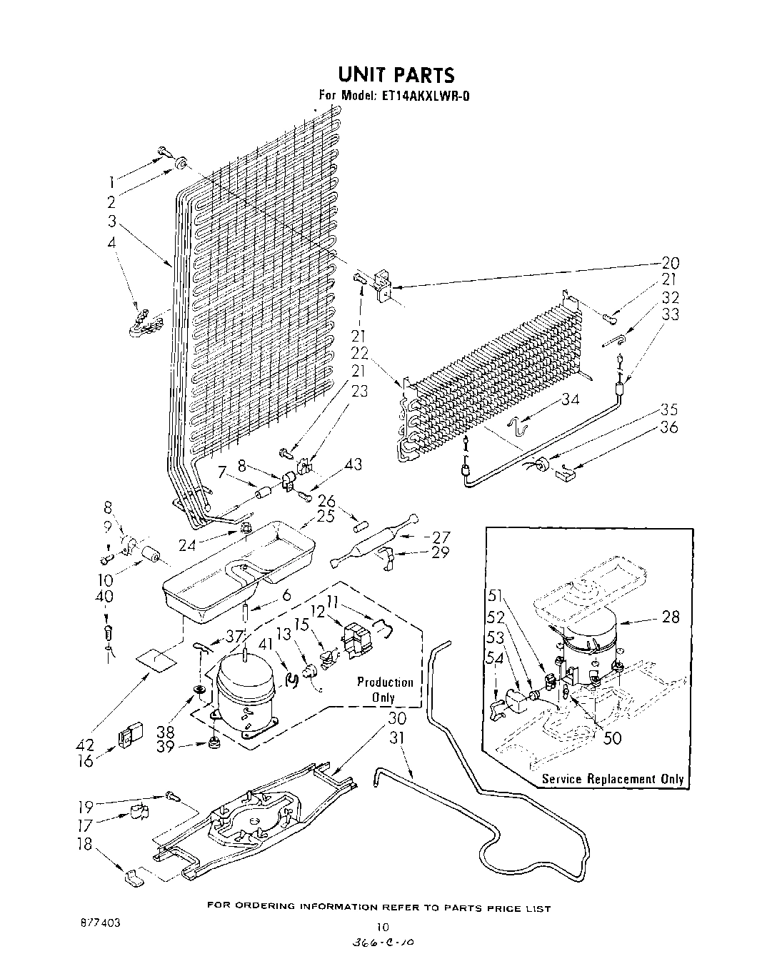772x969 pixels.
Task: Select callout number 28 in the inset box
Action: tap(670, 616)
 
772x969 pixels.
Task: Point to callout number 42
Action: tap(85, 745)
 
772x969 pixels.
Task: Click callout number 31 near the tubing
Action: tap(397, 737)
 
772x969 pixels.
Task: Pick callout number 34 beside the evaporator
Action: tap(569, 399)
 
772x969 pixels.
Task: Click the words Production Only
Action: tap(385, 690)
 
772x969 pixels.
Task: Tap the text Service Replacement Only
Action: tap(613, 779)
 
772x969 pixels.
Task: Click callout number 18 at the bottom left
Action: tap(85, 843)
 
